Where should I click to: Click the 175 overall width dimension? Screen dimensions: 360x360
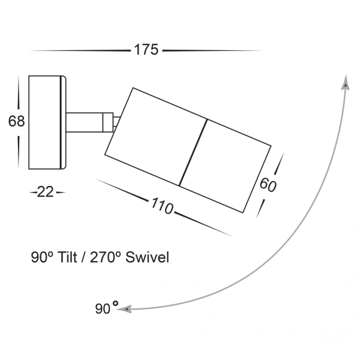[146, 50]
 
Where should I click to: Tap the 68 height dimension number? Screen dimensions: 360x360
[16, 121]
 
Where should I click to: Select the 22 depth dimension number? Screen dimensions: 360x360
[46, 192]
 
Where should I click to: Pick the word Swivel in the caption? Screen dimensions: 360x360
[152, 258]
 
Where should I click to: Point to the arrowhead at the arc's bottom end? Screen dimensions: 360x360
[124, 309]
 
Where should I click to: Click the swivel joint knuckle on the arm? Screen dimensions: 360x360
[110, 122]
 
